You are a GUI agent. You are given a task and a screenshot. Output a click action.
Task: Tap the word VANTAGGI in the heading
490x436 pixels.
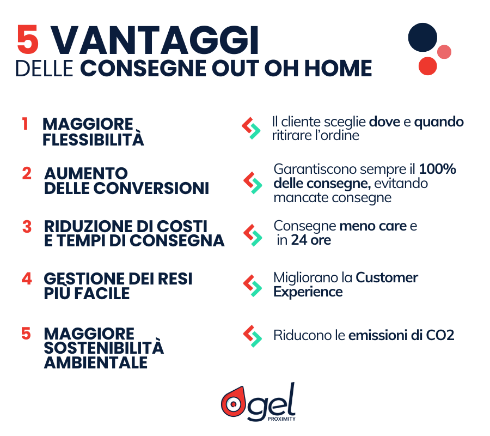pos(156,39)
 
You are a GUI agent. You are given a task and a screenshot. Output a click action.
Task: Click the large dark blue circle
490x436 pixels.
pos(422,38)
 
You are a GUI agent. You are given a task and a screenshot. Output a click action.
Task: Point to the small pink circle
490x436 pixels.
pos(444,52)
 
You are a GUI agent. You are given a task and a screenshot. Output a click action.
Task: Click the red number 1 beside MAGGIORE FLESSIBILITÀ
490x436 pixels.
pos(25,124)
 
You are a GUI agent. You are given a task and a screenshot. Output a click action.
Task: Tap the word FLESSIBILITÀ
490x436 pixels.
pos(93,140)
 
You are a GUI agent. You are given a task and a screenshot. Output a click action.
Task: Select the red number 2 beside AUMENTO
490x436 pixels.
pos(27,174)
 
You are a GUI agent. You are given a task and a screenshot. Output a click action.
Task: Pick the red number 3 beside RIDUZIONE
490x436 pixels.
pos(27,226)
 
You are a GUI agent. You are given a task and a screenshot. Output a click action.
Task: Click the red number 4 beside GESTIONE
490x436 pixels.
pos(27,278)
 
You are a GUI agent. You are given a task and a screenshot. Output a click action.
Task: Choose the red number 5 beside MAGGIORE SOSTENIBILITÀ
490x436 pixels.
pos(26,332)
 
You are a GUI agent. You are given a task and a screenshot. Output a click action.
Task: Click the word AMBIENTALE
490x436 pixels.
pos(96,362)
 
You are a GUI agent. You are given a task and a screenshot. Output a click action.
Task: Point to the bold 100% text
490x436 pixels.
pos(438,169)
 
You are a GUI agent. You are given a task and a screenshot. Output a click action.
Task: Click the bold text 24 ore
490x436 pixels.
pos(311,240)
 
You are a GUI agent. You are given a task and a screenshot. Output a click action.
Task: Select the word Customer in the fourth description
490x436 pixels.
pos(387,277)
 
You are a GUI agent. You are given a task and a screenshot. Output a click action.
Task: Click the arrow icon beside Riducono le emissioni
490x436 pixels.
pos(252,336)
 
